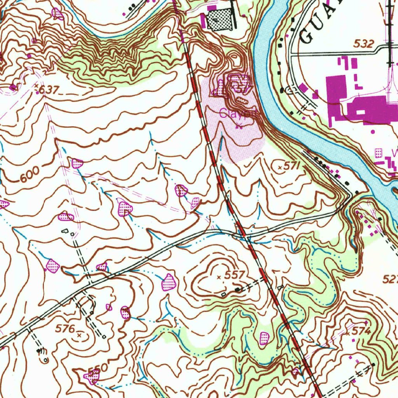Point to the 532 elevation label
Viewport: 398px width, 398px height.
point(363,44)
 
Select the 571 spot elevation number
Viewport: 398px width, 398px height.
point(292,166)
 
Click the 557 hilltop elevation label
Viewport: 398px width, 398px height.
point(234,275)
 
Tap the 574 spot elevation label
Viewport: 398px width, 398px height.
point(361,331)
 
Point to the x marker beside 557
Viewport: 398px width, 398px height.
point(219,277)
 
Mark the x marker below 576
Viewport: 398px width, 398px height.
point(79,334)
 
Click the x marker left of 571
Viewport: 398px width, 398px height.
point(281,168)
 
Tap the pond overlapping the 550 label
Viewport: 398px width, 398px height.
point(93,376)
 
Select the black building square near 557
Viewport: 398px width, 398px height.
point(237,290)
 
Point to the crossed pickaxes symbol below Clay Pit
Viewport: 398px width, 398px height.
point(239,126)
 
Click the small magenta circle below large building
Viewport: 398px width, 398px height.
point(373,132)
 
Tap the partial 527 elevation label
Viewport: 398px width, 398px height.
point(390,279)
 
